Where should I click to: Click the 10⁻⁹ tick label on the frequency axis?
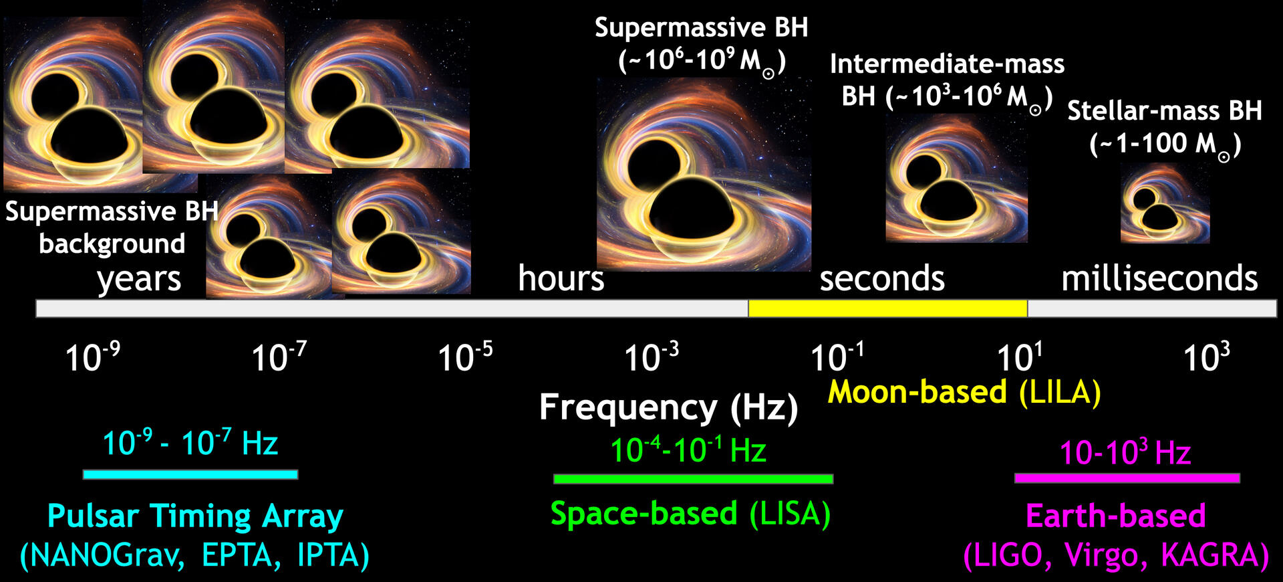[93, 357]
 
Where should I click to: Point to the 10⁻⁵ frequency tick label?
[465, 357]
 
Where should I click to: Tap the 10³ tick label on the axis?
[1207, 357]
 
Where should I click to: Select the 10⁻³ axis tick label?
[652, 357]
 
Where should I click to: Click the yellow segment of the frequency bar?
[887, 308]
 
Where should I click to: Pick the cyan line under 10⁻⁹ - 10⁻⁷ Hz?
[190, 474]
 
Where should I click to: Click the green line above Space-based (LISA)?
[693, 478]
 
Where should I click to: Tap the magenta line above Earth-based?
[1127, 478]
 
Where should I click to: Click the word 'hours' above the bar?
[561, 278]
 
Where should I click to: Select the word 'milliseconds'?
[1159, 278]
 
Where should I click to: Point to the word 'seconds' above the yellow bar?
[882, 278]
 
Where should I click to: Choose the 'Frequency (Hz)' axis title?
[668, 407]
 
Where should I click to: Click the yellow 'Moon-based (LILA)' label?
[964, 392]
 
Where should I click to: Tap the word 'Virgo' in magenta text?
[1105, 555]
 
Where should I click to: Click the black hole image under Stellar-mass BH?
[1165, 203]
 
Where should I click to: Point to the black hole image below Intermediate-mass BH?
[956, 178]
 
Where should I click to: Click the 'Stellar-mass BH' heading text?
[1164, 110]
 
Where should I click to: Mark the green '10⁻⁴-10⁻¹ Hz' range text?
[688, 450]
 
